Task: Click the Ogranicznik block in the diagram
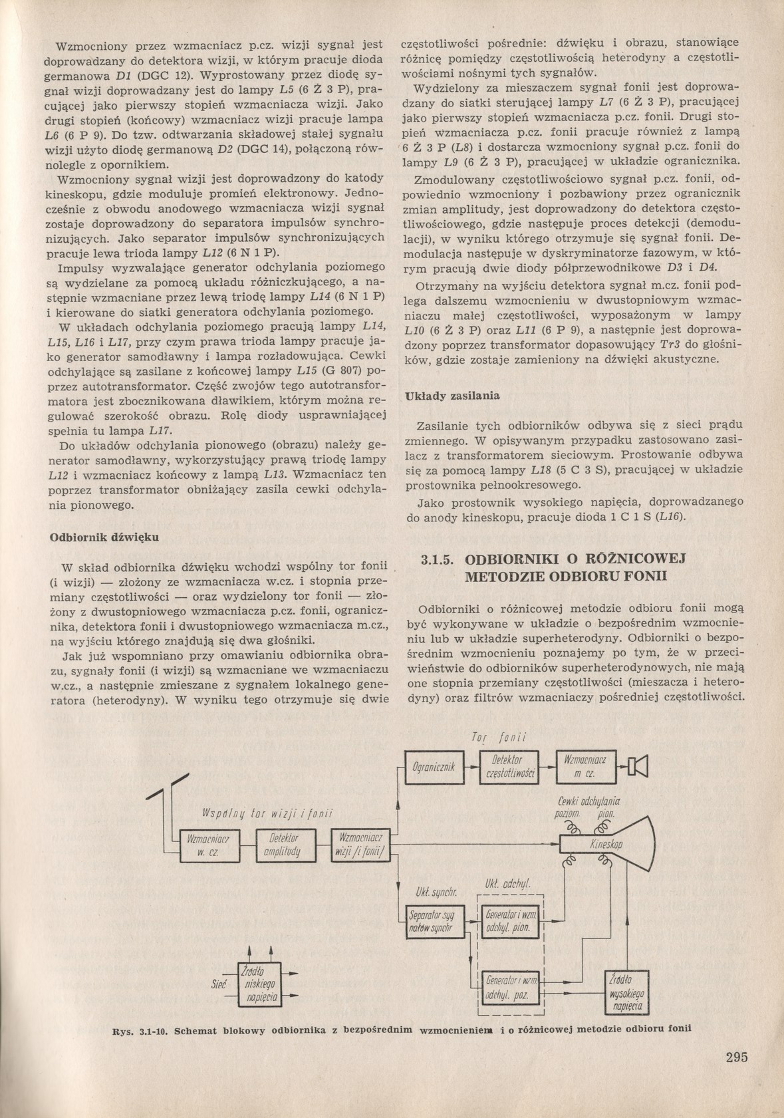click(x=433, y=767)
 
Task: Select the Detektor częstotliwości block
click(x=509, y=767)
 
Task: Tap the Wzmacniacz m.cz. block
click(x=585, y=767)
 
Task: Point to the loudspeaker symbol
click(x=638, y=767)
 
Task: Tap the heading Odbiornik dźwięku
click(x=104, y=537)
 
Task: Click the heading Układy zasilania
click(x=452, y=395)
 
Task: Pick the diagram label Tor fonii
click(x=498, y=738)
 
